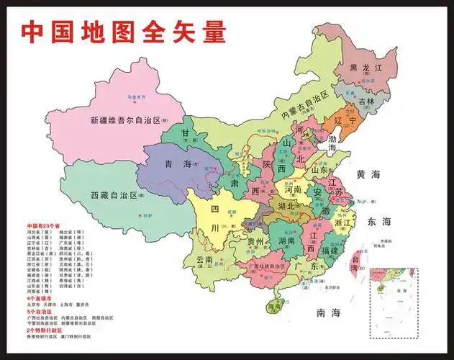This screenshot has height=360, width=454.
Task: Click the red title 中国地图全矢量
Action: click(x=123, y=32)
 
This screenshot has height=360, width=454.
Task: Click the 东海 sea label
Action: click(x=378, y=221)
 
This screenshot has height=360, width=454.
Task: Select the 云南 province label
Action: click(x=199, y=259)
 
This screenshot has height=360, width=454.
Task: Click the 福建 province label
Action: click(x=332, y=251)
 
